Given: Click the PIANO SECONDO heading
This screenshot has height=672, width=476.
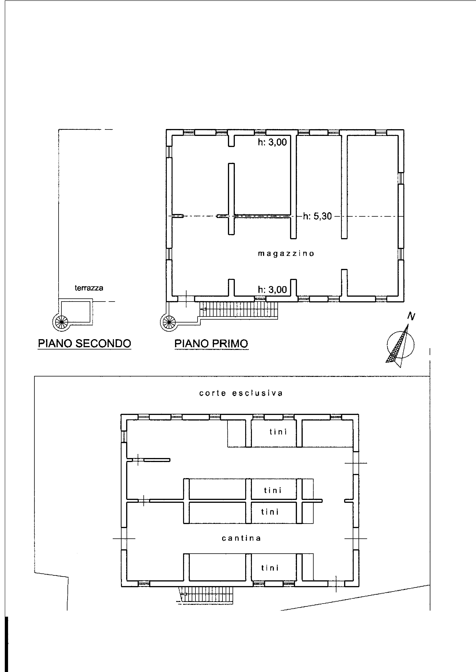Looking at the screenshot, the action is (84, 343).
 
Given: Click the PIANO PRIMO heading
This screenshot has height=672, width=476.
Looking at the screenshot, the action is (211, 343).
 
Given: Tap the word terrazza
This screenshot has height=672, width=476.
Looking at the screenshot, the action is (89, 288).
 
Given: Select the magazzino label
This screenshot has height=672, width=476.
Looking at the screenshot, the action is (286, 253).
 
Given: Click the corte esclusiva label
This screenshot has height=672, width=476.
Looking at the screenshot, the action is (241, 393).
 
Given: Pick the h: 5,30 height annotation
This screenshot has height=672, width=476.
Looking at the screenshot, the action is (317, 216).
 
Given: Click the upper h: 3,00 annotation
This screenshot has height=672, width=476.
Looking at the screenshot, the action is (272, 142).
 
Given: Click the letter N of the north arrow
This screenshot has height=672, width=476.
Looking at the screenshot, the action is (411, 316).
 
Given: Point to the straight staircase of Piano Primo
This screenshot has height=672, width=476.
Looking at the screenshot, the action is (238, 310).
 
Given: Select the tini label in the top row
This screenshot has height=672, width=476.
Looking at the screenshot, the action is (278, 432).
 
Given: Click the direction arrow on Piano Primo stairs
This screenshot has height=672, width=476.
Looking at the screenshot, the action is (203, 309).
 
